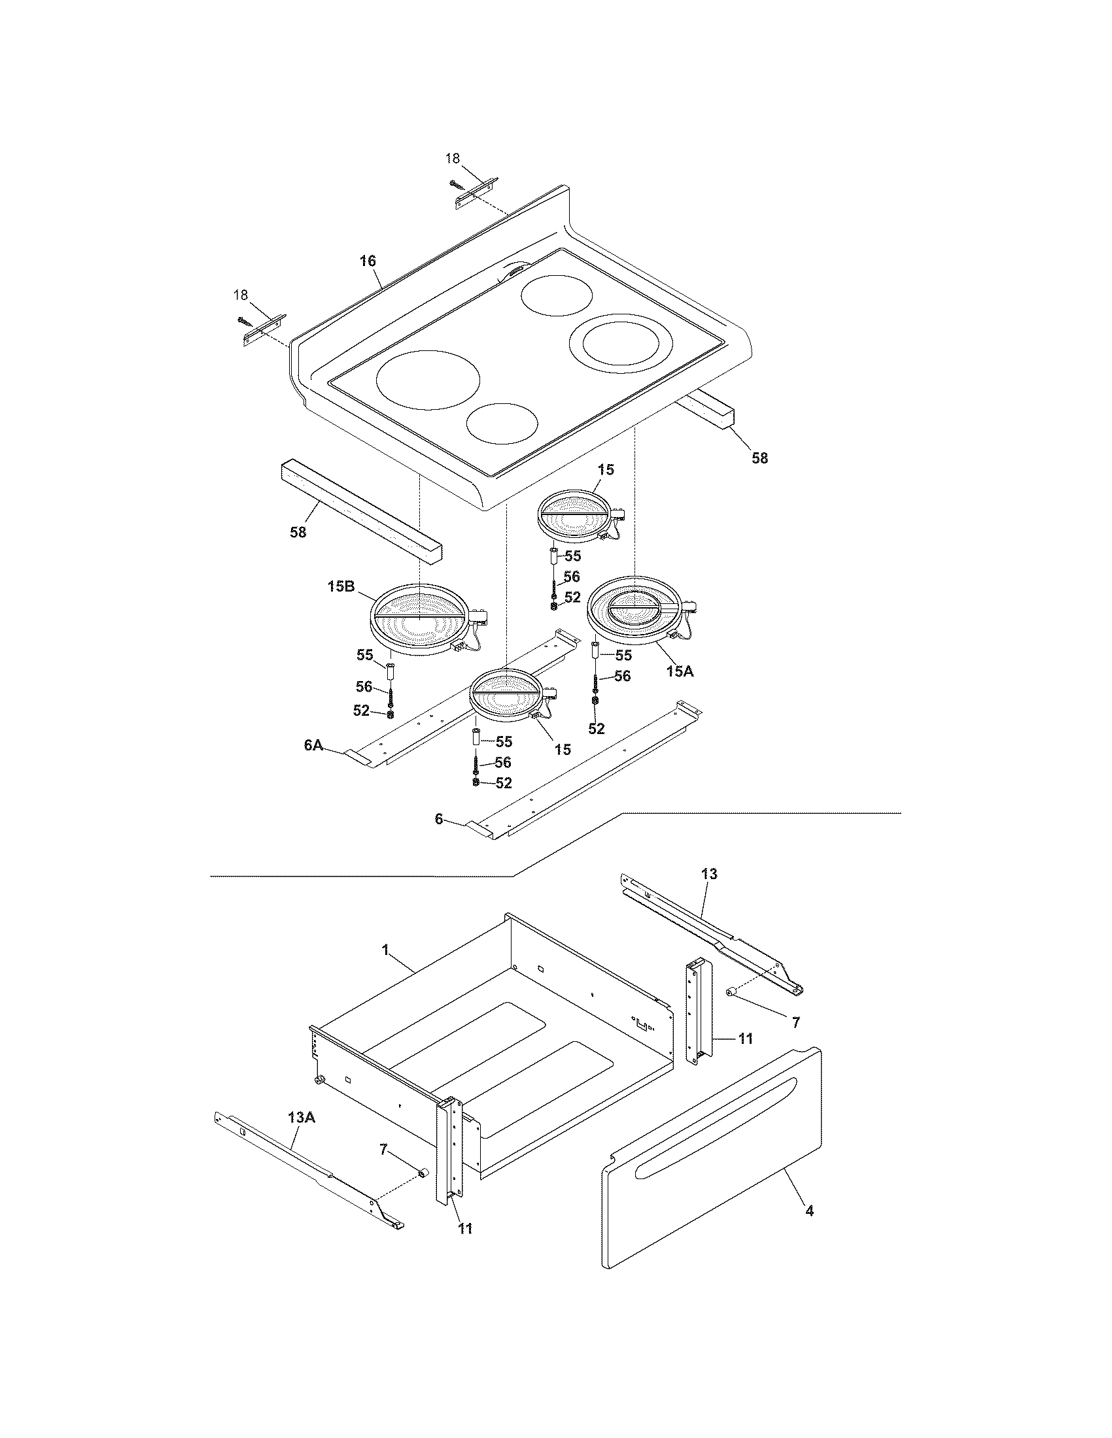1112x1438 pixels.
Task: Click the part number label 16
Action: (368, 261)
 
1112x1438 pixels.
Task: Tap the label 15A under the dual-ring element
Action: (680, 671)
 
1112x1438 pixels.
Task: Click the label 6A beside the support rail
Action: (313, 744)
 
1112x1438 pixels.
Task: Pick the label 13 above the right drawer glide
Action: (710, 875)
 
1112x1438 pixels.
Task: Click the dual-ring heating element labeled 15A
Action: (635, 609)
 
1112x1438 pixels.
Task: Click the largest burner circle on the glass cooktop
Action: (428, 380)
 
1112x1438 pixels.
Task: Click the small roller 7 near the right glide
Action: (731, 1010)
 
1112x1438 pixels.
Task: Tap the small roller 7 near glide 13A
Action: (425, 1173)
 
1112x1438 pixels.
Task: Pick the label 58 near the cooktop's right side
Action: (759, 458)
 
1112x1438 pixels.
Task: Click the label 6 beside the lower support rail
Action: (438, 820)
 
